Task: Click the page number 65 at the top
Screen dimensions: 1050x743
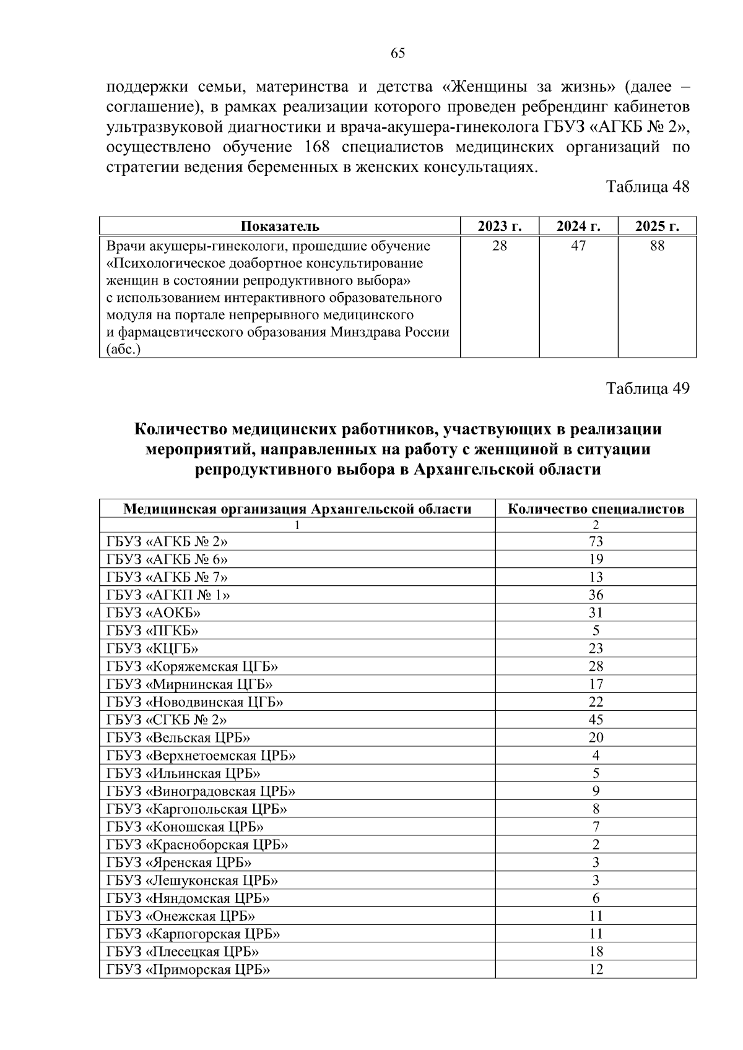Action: pos(398,53)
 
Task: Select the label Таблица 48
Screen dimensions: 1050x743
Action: pos(647,187)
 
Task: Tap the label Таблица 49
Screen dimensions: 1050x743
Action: pos(647,389)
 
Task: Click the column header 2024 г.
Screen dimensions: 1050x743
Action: pos(578,226)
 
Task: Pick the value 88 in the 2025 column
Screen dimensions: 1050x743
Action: pos(657,246)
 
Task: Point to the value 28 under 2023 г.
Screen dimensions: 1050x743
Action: pos(499,246)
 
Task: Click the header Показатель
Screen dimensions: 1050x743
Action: pos(280,226)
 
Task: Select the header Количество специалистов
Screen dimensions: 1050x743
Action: pos(596,509)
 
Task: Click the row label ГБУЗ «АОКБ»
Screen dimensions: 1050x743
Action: pos(154,613)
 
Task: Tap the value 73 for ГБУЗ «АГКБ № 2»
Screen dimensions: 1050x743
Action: pos(596,541)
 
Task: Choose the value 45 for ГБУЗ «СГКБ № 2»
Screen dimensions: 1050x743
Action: pos(596,720)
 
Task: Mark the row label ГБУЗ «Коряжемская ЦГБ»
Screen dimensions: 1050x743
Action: pos(192,666)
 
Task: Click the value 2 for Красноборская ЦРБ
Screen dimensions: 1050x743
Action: pos(596,845)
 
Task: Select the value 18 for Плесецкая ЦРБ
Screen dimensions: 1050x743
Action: pos(596,952)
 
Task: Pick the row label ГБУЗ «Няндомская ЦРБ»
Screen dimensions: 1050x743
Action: pos(188,898)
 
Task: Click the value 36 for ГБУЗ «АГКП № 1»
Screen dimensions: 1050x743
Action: pos(596,595)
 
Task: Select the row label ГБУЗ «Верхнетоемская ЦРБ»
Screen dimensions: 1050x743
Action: pos(201,755)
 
